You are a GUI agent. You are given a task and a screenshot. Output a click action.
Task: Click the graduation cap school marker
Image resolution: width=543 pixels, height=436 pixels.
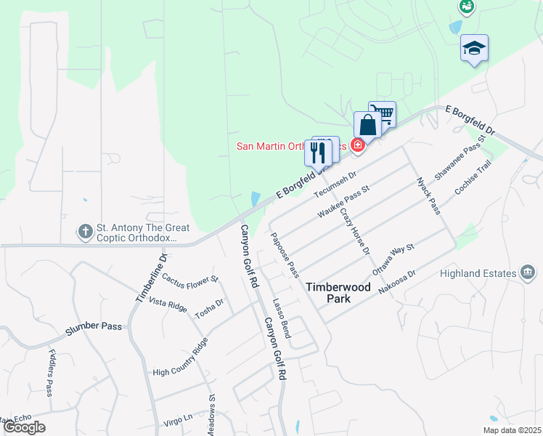[474, 49]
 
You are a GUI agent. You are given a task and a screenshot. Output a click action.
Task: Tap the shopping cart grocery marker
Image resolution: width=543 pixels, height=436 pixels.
[383, 113]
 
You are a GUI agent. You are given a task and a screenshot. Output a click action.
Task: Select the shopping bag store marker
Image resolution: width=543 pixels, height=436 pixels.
[367, 125]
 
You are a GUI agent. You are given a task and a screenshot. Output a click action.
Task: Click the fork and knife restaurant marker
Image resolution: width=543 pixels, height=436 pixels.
[317, 152]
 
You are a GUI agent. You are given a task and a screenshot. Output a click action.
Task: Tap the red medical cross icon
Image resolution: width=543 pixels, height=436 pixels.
[357, 146]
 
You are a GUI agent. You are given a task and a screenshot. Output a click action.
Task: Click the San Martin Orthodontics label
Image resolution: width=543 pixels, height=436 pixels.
[290, 146]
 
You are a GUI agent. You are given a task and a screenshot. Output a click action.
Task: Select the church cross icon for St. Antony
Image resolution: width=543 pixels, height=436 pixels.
[85, 232]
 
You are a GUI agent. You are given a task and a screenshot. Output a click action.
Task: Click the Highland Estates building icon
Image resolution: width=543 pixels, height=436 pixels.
[528, 273]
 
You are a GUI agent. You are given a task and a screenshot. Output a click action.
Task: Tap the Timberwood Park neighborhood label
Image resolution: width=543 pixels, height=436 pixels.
[338, 293]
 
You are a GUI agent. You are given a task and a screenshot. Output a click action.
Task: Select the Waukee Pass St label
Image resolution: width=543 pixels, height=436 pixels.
[343, 203]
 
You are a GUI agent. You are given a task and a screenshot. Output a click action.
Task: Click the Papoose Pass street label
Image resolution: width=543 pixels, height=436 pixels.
[285, 254]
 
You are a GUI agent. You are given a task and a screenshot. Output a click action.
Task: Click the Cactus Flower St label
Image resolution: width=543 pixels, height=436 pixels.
[190, 278]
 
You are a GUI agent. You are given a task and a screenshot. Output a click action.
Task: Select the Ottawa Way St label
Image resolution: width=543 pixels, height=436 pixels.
[393, 259]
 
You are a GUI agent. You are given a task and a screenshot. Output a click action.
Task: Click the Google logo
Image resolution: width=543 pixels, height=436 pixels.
[24, 427]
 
